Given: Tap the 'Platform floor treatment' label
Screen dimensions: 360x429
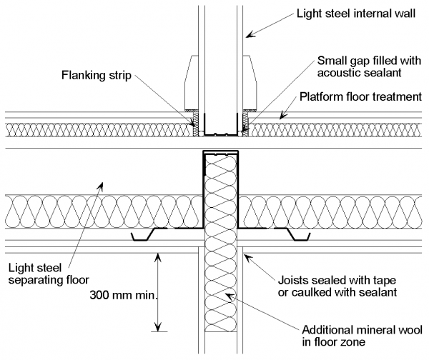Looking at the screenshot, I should [x=358, y=96].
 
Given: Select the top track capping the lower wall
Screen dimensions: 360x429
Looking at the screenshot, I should [x=222, y=154].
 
